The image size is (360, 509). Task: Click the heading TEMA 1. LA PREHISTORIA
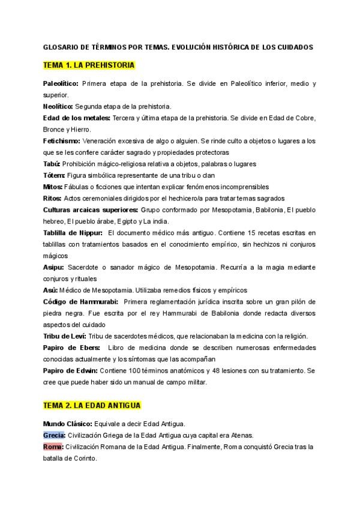tap(89, 65)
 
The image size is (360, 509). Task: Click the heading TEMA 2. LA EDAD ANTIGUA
tap(92, 406)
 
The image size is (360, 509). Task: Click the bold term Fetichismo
tap(62, 140)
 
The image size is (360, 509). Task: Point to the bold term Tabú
tap(52, 163)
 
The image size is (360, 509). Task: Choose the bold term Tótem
tap(54, 175)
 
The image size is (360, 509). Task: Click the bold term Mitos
tap(53, 187)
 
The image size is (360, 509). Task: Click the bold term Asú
tap(51, 289)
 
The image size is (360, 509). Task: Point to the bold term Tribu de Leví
tap(65, 336)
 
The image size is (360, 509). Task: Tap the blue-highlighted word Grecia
tap(55, 435)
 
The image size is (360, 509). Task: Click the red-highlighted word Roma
tap(53, 447)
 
